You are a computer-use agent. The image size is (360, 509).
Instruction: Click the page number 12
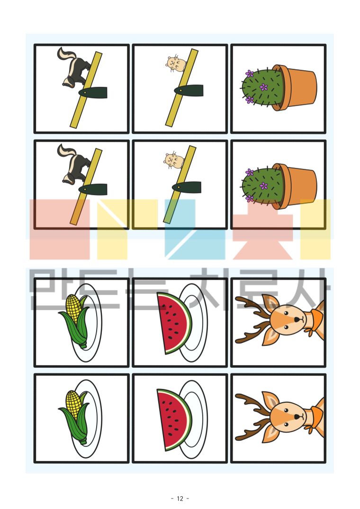coord(180,499)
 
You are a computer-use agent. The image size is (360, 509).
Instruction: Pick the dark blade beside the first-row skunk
coord(93,92)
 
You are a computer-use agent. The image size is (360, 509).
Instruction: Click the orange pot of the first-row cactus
coord(296,87)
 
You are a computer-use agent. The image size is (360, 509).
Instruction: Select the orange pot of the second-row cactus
coord(296,186)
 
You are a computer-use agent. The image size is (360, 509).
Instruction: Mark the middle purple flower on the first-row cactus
coord(264,87)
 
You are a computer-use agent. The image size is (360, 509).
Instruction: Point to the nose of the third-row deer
coord(297,320)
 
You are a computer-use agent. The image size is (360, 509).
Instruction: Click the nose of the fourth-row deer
coord(297,416)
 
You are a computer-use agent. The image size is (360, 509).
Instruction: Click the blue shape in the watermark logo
coord(180,229)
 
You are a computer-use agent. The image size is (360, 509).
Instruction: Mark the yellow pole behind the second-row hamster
coord(180,185)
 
